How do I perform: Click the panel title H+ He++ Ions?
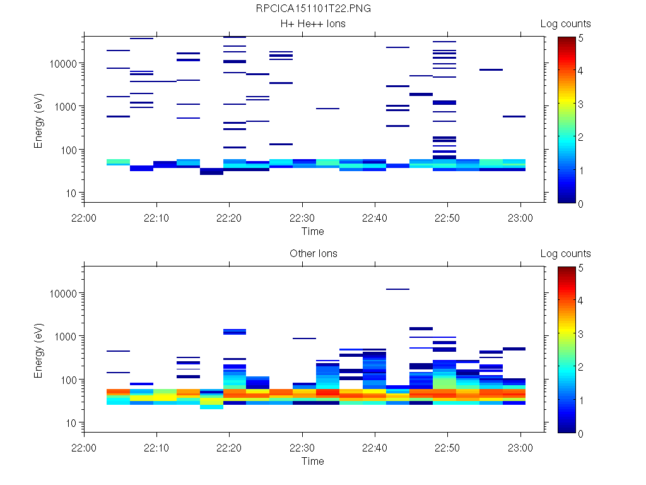click(313, 24)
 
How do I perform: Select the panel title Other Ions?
click(313, 254)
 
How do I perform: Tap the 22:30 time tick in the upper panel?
click(302, 218)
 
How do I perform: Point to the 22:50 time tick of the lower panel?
click(447, 448)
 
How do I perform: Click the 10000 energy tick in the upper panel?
click(64, 64)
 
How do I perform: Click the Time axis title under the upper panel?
click(312, 231)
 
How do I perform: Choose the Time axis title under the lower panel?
click(312, 461)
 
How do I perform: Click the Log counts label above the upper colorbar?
click(565, 24)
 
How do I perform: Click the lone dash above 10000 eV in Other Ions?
click(397, 289)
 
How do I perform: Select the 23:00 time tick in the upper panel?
click(520, 218)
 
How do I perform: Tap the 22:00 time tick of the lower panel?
click(84, 448)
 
